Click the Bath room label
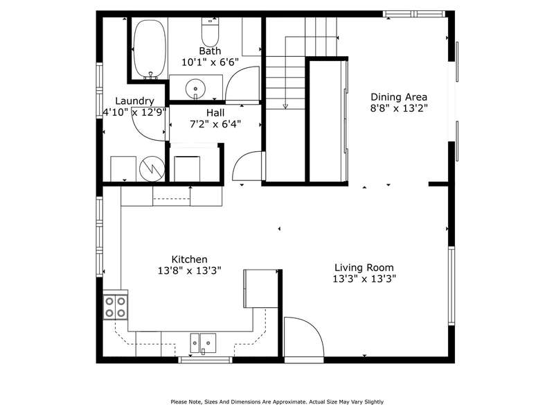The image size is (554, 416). coord(210,51)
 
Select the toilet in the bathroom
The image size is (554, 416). coord(211,31)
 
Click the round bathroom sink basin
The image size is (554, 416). coord(195,89)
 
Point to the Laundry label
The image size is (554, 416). coord(134,101)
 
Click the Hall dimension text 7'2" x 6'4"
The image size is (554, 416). coord(215,124)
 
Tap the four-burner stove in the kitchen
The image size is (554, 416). coord(115,307)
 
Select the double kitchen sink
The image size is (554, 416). coord(203,343)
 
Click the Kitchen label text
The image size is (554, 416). coord(189,259)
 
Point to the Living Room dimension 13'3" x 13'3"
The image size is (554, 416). coord(364,279)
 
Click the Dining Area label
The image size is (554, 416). coord(399,97)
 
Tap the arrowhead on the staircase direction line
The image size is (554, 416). coord(285,106)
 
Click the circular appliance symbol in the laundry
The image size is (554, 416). coord(152,168)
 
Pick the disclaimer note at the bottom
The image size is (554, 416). coord(277,402)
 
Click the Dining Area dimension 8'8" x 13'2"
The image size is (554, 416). coord(399,108)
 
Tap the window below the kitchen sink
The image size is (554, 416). coord(205,360)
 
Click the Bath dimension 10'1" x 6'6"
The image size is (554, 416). coord(210,62)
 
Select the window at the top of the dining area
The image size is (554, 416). coord(414,14)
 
